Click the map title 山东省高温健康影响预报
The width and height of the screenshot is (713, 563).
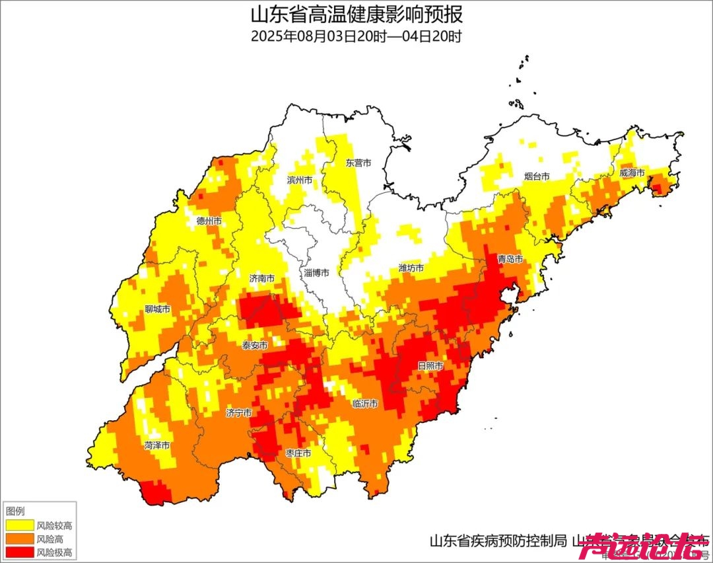[x=356, y=14]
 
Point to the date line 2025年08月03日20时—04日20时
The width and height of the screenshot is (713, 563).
[x=356, y=36]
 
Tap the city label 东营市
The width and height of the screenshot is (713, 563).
[x=358, y=163]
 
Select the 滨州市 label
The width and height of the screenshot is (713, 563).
[x=300, y=180]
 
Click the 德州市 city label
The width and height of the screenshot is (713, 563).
[x=209, y=221]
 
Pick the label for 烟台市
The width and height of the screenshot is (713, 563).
[x=537, y=176]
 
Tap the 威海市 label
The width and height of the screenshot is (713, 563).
[x=632, y=173]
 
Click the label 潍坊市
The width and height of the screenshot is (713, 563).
[x=411, y=268]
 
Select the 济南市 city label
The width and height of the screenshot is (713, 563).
[x=262, y=280]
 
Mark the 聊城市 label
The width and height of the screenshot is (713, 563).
[x=158, y=309]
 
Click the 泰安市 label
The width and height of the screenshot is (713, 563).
[x=255, y=346]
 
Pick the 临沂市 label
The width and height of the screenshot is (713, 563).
[x=365, y=403]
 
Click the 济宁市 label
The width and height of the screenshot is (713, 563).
[x=238, y=413]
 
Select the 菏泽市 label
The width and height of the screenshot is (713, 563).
[x=157, y=445]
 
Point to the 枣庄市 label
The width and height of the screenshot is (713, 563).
[x=298, y=453]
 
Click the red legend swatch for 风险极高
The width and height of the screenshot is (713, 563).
[x=19, y=552]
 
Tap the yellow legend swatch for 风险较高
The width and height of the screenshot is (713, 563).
[x=19, y=525]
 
